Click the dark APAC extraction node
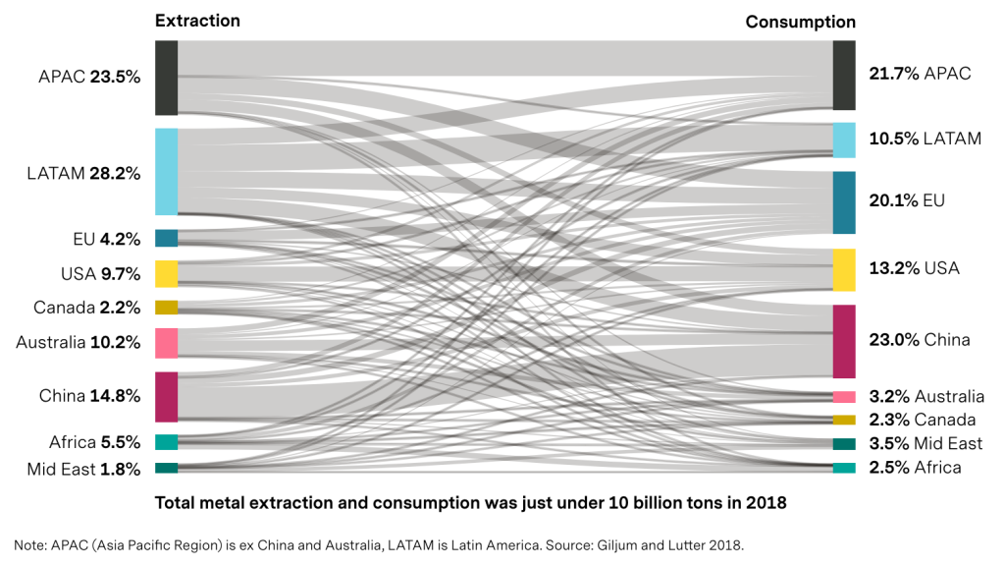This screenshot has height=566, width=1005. point(166,78)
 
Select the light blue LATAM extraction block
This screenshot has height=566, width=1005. point(166,171)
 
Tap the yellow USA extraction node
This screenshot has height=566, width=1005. point(166,274)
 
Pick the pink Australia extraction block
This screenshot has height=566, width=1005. point(166,343)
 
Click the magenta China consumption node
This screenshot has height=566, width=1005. point(844,341)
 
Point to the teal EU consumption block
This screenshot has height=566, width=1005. point(844,202)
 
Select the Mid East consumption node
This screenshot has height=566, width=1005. point(844,443)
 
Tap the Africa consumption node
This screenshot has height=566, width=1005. point(844,468)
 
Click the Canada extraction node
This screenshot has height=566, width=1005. point(166,308)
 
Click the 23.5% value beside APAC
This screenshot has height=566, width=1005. point(115,77)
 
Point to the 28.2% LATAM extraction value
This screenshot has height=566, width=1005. point(115,173)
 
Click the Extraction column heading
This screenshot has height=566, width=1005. point(197,21)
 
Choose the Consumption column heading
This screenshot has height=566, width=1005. point(800,22)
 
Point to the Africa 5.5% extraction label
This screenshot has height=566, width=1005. point(95,442)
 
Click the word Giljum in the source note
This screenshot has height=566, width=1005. point(616,545)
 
